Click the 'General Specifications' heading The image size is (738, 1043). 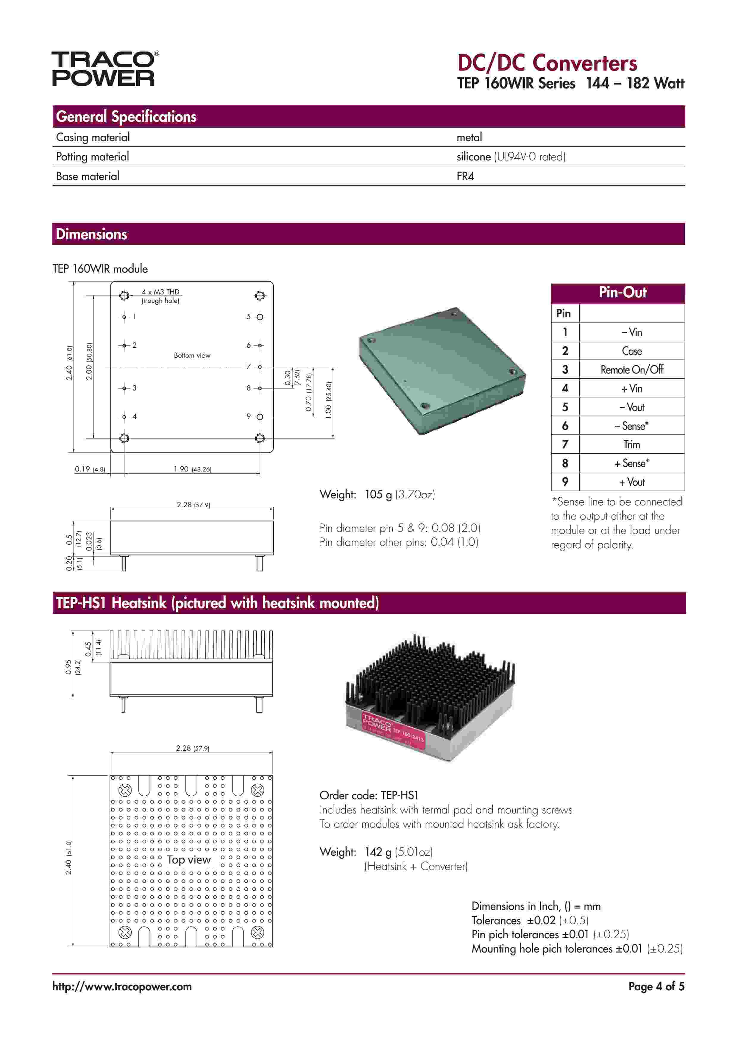(126, 117)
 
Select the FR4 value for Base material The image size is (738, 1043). (465, 176)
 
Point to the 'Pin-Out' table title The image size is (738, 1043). (622, 293)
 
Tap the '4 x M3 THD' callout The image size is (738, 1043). (160, 292)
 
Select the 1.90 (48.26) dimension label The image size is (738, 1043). (192, 469)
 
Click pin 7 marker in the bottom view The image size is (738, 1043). (260, 367)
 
